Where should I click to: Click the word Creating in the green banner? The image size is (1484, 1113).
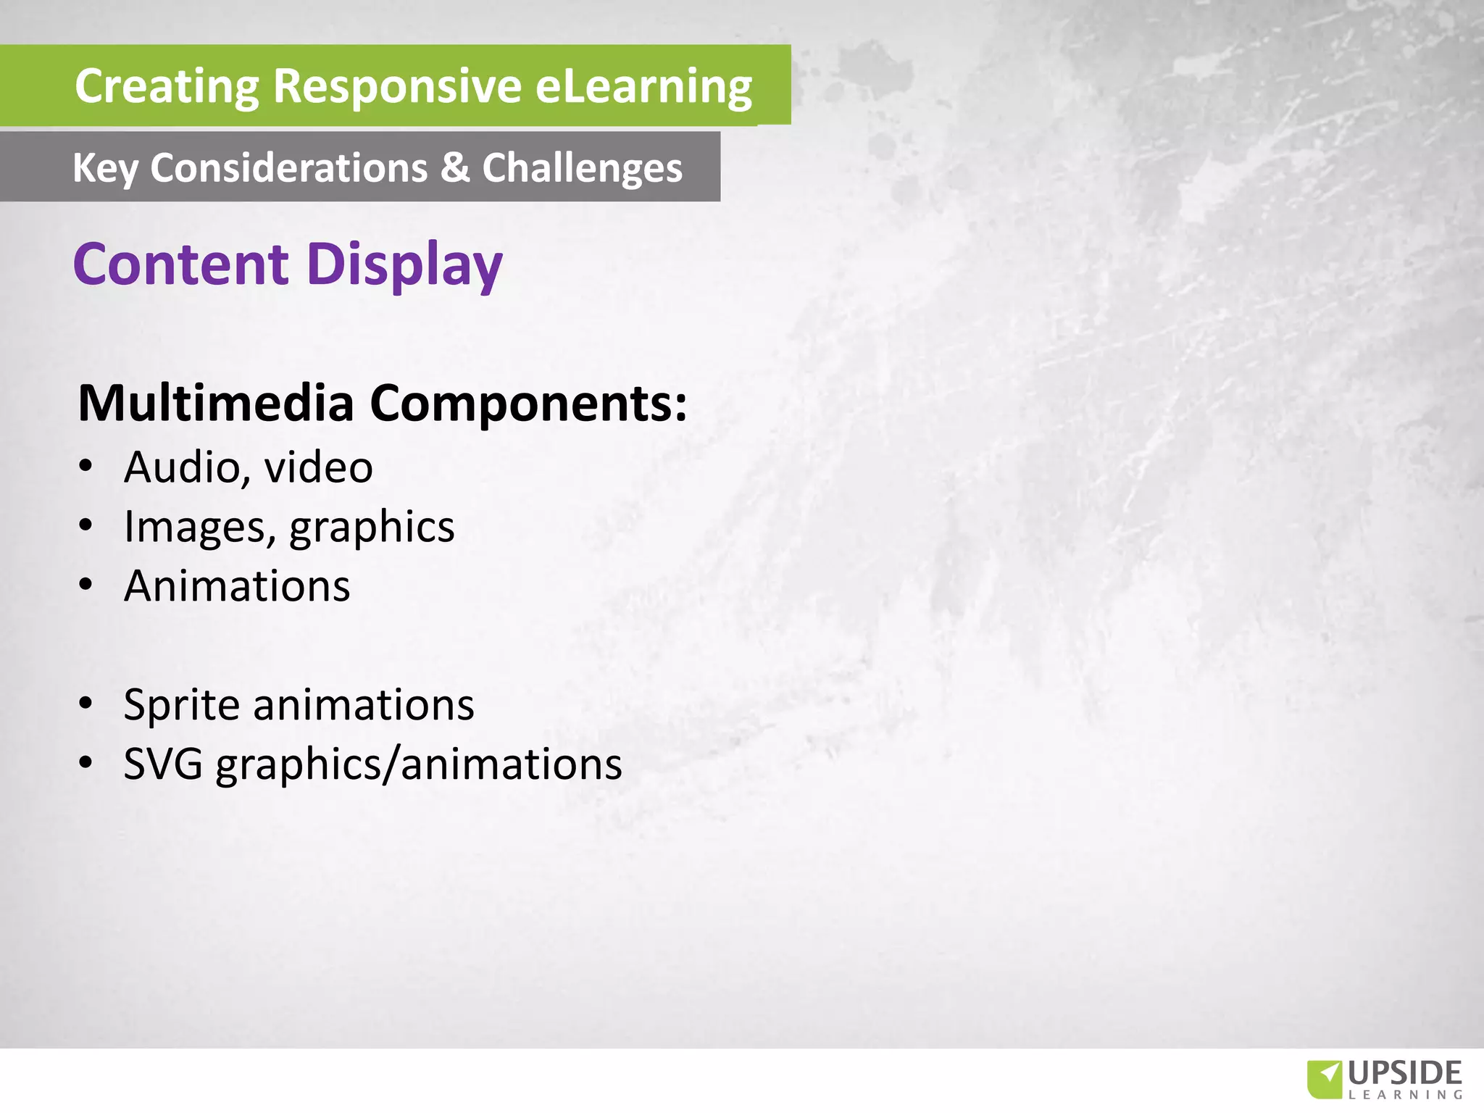[x=167, y=86]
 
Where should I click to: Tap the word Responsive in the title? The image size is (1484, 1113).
[x=397, y=86]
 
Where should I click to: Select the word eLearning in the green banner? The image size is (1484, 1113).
[x=643, y=86]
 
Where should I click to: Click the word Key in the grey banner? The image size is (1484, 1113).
[x=105, y=169]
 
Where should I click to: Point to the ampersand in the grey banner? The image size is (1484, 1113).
[x=454, y=167]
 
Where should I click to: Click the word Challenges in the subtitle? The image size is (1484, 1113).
[x=582, y=169]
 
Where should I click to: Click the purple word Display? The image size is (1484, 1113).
[x=404, y=265]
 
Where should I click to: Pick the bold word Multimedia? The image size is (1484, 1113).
[x=216, y=403]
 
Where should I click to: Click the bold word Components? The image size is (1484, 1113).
[x=528, y=403]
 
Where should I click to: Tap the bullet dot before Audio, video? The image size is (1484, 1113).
[x=86, y=466]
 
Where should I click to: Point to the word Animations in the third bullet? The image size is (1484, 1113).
[x=237, y=585]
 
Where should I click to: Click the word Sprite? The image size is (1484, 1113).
[x=181, y=705]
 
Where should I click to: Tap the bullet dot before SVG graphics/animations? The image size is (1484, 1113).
[x=86, y=763]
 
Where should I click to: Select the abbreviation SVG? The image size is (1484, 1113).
[x=163, y=764]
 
